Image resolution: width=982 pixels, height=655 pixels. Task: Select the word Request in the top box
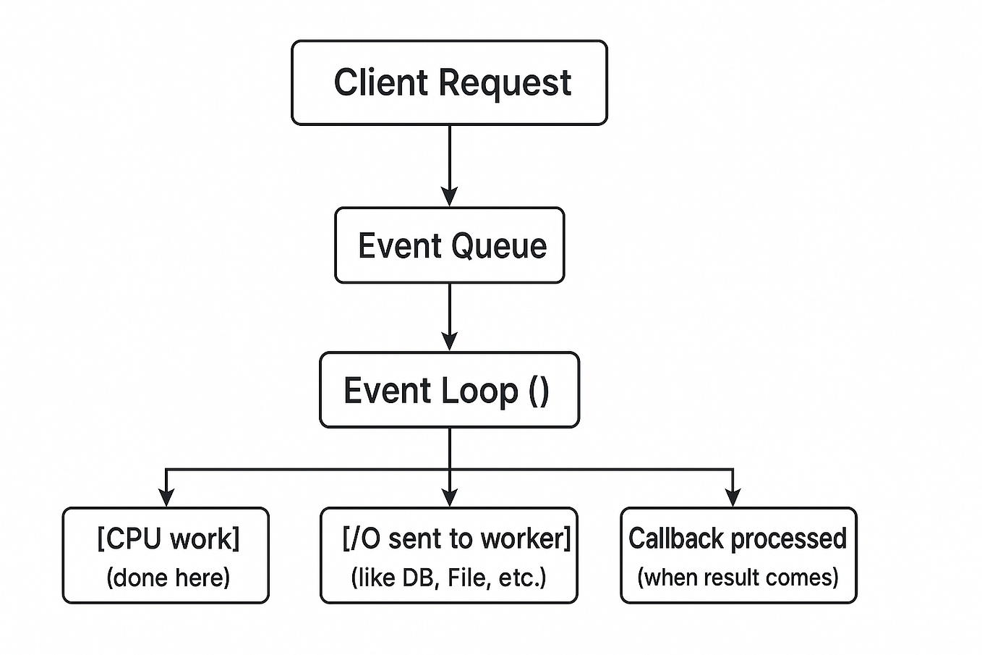505,84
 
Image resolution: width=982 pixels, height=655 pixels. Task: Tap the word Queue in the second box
499,246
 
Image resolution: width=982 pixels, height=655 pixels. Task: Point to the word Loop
479,392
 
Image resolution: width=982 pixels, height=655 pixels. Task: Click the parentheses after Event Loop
539,392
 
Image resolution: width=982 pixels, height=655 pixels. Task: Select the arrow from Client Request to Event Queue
449,166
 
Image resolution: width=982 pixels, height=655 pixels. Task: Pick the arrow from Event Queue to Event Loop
449,317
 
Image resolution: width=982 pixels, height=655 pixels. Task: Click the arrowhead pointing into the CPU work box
166,498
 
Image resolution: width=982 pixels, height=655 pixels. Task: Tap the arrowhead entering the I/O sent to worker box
449,498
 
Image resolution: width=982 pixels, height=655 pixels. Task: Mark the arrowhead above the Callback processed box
733,498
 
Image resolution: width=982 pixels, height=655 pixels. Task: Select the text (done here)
168,578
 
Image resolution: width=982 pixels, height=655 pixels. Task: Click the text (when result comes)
738,578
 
